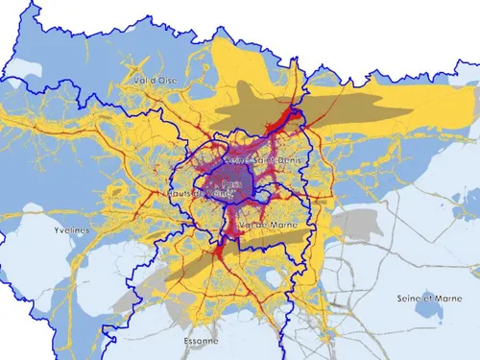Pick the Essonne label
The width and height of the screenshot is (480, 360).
[x=199, y=340]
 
